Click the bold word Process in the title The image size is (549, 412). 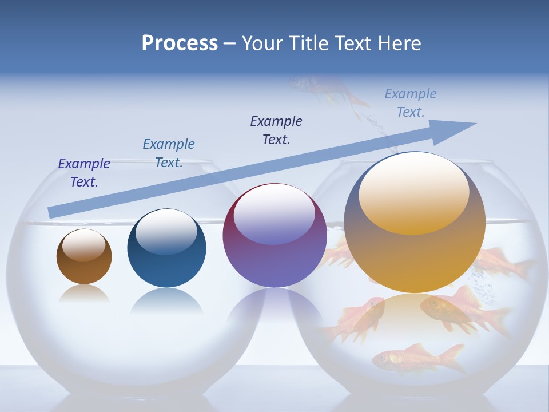180,43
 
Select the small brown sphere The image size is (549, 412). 84,266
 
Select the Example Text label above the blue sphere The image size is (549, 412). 169,153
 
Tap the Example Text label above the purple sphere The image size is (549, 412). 276,130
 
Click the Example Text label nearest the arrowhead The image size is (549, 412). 411,103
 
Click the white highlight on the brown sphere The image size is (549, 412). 83,245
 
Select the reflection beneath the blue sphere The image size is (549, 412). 166,300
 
